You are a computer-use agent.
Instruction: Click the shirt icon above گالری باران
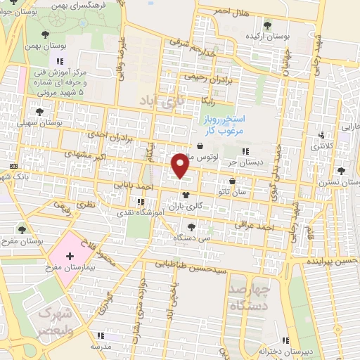(x=186, y=195)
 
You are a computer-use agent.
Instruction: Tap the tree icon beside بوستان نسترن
(x=341, y=170)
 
